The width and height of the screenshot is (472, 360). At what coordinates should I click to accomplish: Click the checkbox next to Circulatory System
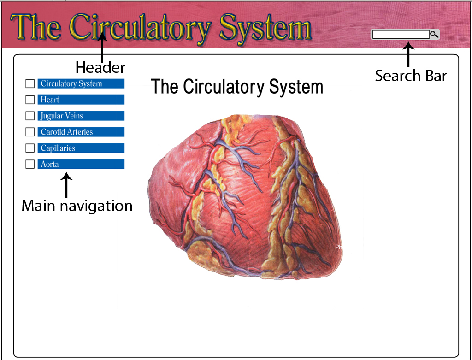pyautogui.click(x=30, y=83)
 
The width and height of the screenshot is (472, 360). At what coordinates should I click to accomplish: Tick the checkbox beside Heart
pyautogui.click(x=30, y=100)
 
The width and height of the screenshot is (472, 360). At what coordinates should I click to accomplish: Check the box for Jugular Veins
pyautogui.click(x=30, y=116)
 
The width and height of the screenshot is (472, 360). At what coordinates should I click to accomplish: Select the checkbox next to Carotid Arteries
pyautogui.click(x=30, y=132)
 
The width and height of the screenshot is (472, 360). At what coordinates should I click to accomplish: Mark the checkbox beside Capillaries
pyautogui.click(x=30, y=148)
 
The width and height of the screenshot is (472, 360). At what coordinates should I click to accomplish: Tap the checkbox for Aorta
pyautogui.click(x=30, y=164)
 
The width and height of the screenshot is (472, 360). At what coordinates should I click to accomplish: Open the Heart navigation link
pyautogui.click(x=81, y=100)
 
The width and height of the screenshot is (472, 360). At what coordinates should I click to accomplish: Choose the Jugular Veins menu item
pyautogui.click(x=81, y=116)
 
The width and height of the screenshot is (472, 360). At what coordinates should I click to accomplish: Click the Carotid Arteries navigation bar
pyautogui.click(x=81, y=132)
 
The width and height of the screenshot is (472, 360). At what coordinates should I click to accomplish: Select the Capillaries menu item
pyautogui.click(x=81, y=148)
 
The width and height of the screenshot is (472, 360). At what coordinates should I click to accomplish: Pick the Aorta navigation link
pyautogui.click(x=81, y=164)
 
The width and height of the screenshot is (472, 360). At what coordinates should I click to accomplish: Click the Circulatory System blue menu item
pyautogui.click(x=81, y=83)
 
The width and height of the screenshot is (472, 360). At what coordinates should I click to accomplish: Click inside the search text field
pyautogui.click(x=401, y=35)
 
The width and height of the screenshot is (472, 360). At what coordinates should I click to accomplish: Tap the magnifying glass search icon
pyautogui.click(x=434, y=35)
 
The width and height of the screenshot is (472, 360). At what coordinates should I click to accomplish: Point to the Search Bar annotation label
pyautogui.click(x=411, y=76)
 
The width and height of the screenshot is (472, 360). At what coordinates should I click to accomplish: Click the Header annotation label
pyautogui.click(x=100, y=68)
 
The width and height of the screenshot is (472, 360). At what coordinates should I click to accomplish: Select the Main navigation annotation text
pyautogui.click(x=77, y=206)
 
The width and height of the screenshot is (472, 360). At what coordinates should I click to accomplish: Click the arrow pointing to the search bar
pyautogui.click(x=407, y=54)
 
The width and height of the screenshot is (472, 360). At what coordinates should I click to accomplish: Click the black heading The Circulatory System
pyautogui.click(x=237, y=87)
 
